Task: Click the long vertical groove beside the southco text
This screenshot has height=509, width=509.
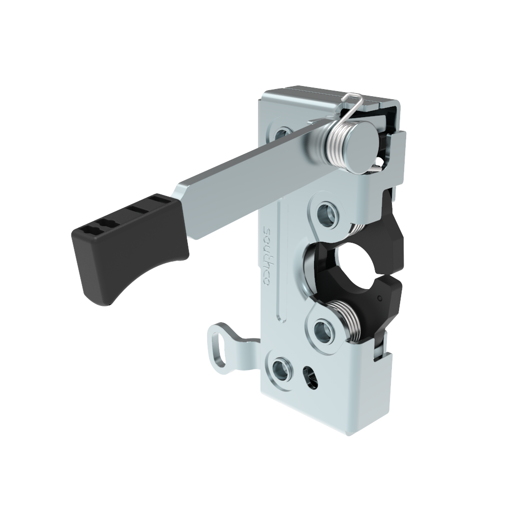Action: pos(279,265)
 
